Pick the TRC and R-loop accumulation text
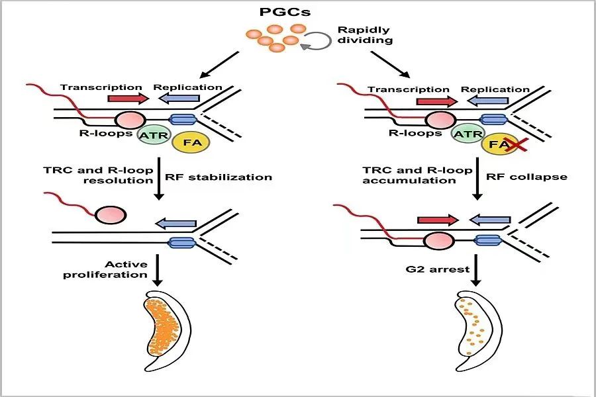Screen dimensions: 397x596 point(417,175)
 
